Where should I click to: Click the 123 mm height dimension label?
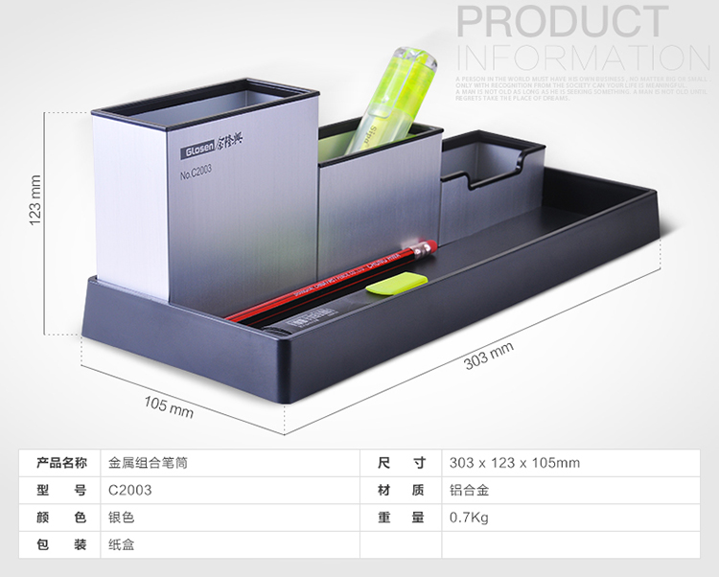click(x=35, y=198)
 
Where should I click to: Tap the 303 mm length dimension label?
click(x=488, y=355)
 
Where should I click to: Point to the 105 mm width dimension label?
click(x=169, y=405)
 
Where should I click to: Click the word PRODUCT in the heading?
click(x=563, y=23)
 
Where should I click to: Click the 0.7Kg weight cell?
click(x=469, y=518)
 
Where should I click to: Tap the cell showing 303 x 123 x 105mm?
click(x=514, y=463)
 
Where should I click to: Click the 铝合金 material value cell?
click(x=469, y=490)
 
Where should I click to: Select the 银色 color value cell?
click(x=122, y=518)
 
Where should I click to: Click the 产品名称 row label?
click(x=61, y=463)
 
